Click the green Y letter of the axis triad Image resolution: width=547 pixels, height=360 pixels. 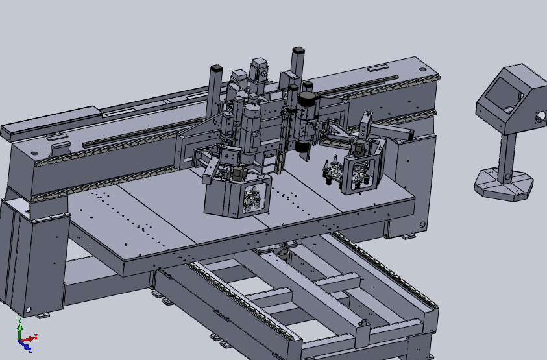pos(20,320)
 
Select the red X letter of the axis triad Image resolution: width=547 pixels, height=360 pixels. pos(36,337)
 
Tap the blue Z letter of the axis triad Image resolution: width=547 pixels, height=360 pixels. pos(30,350)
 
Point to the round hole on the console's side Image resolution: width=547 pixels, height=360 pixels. pos(541,117)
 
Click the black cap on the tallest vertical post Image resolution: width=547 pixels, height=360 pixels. pos(298,50)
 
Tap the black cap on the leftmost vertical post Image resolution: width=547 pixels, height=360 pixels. pos(216,67)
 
